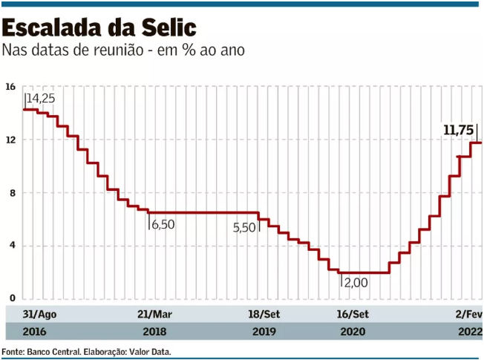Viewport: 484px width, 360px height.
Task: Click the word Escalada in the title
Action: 51,28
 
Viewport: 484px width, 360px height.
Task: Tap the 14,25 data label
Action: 41,98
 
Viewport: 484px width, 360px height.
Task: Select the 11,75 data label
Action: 458,130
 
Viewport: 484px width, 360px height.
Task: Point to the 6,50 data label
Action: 163,224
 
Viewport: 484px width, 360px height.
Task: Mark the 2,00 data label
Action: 356,283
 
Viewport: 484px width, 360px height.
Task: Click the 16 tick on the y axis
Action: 10,87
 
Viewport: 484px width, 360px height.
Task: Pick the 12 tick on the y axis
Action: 10,140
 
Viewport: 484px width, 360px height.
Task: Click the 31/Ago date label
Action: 39,315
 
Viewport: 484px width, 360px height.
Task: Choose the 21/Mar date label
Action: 154,315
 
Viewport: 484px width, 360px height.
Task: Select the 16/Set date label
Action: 352,315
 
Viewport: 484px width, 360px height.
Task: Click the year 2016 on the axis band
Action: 34,332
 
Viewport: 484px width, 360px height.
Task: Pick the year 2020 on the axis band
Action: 352,332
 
